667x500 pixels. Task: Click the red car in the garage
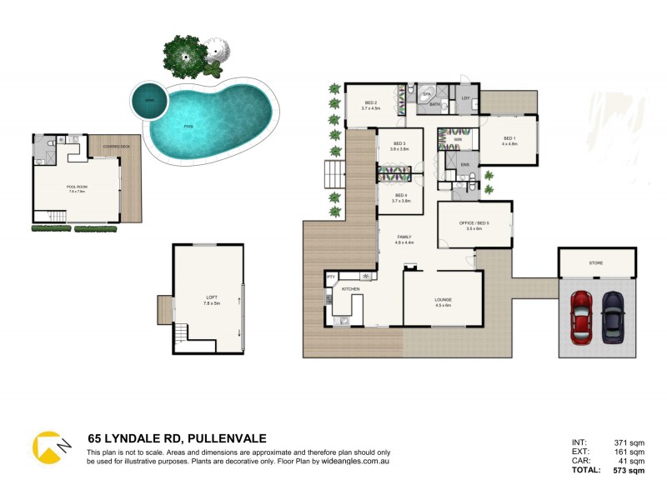point(581,316)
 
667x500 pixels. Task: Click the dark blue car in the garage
point(614,316)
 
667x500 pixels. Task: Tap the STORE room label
point(596,262)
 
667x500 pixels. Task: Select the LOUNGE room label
point(442,302)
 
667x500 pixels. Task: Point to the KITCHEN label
point(350,288)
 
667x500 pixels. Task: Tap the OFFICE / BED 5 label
point(474,223)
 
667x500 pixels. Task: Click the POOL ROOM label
point(78,187)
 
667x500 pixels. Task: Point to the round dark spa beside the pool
point(150,102)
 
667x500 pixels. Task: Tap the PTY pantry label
point(330,277)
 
